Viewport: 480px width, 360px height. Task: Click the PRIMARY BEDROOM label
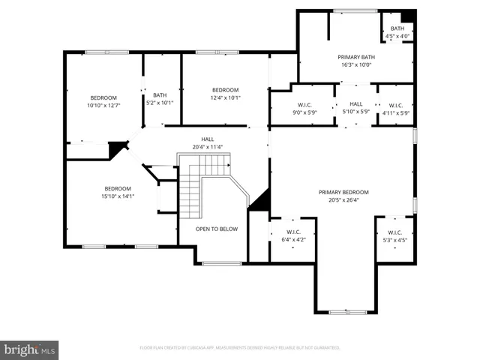click(x=343, y=192)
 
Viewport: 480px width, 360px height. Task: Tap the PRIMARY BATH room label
click(x=355, y=57)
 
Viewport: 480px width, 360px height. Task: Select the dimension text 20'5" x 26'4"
click(x=343, y=200)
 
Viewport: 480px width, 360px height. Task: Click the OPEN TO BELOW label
click(x=217, y=229)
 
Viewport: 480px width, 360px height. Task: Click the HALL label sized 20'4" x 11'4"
click(x=207, y=143)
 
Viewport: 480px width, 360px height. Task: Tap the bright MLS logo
click(x=30, y=349)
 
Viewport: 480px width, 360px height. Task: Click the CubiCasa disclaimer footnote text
click(x=240, y=348)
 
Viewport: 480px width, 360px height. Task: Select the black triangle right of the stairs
click(x=259, y=200)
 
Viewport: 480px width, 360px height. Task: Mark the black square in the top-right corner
click(x=407, y=16)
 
